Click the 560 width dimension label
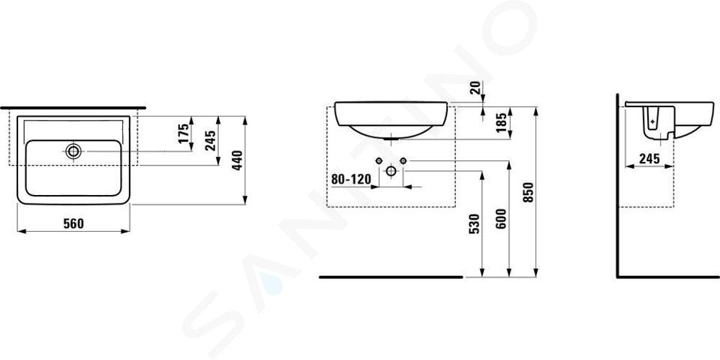(73, 223)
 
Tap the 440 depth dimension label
(237, 160)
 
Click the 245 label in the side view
(649, 158)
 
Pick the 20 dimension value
(475, 87)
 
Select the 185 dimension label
(502, 123)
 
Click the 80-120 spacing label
(351, 179)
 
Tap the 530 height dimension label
(475, 223)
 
